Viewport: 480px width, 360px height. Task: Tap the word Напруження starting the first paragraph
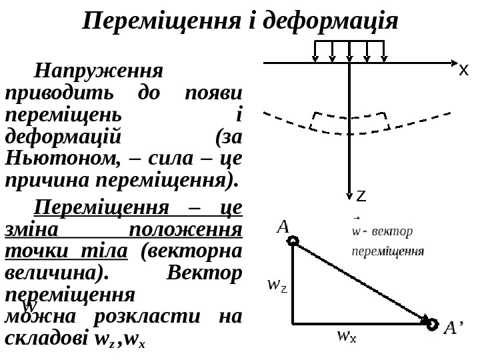tap(98, 71)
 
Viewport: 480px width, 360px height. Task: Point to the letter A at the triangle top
tap(283, 227)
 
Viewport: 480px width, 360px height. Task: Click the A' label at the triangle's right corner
tap(453, 328)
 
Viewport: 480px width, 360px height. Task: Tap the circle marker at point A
tap(293, 241)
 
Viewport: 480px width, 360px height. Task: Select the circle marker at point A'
tap(432, 324)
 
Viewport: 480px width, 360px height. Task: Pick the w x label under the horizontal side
tap(347, 335)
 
